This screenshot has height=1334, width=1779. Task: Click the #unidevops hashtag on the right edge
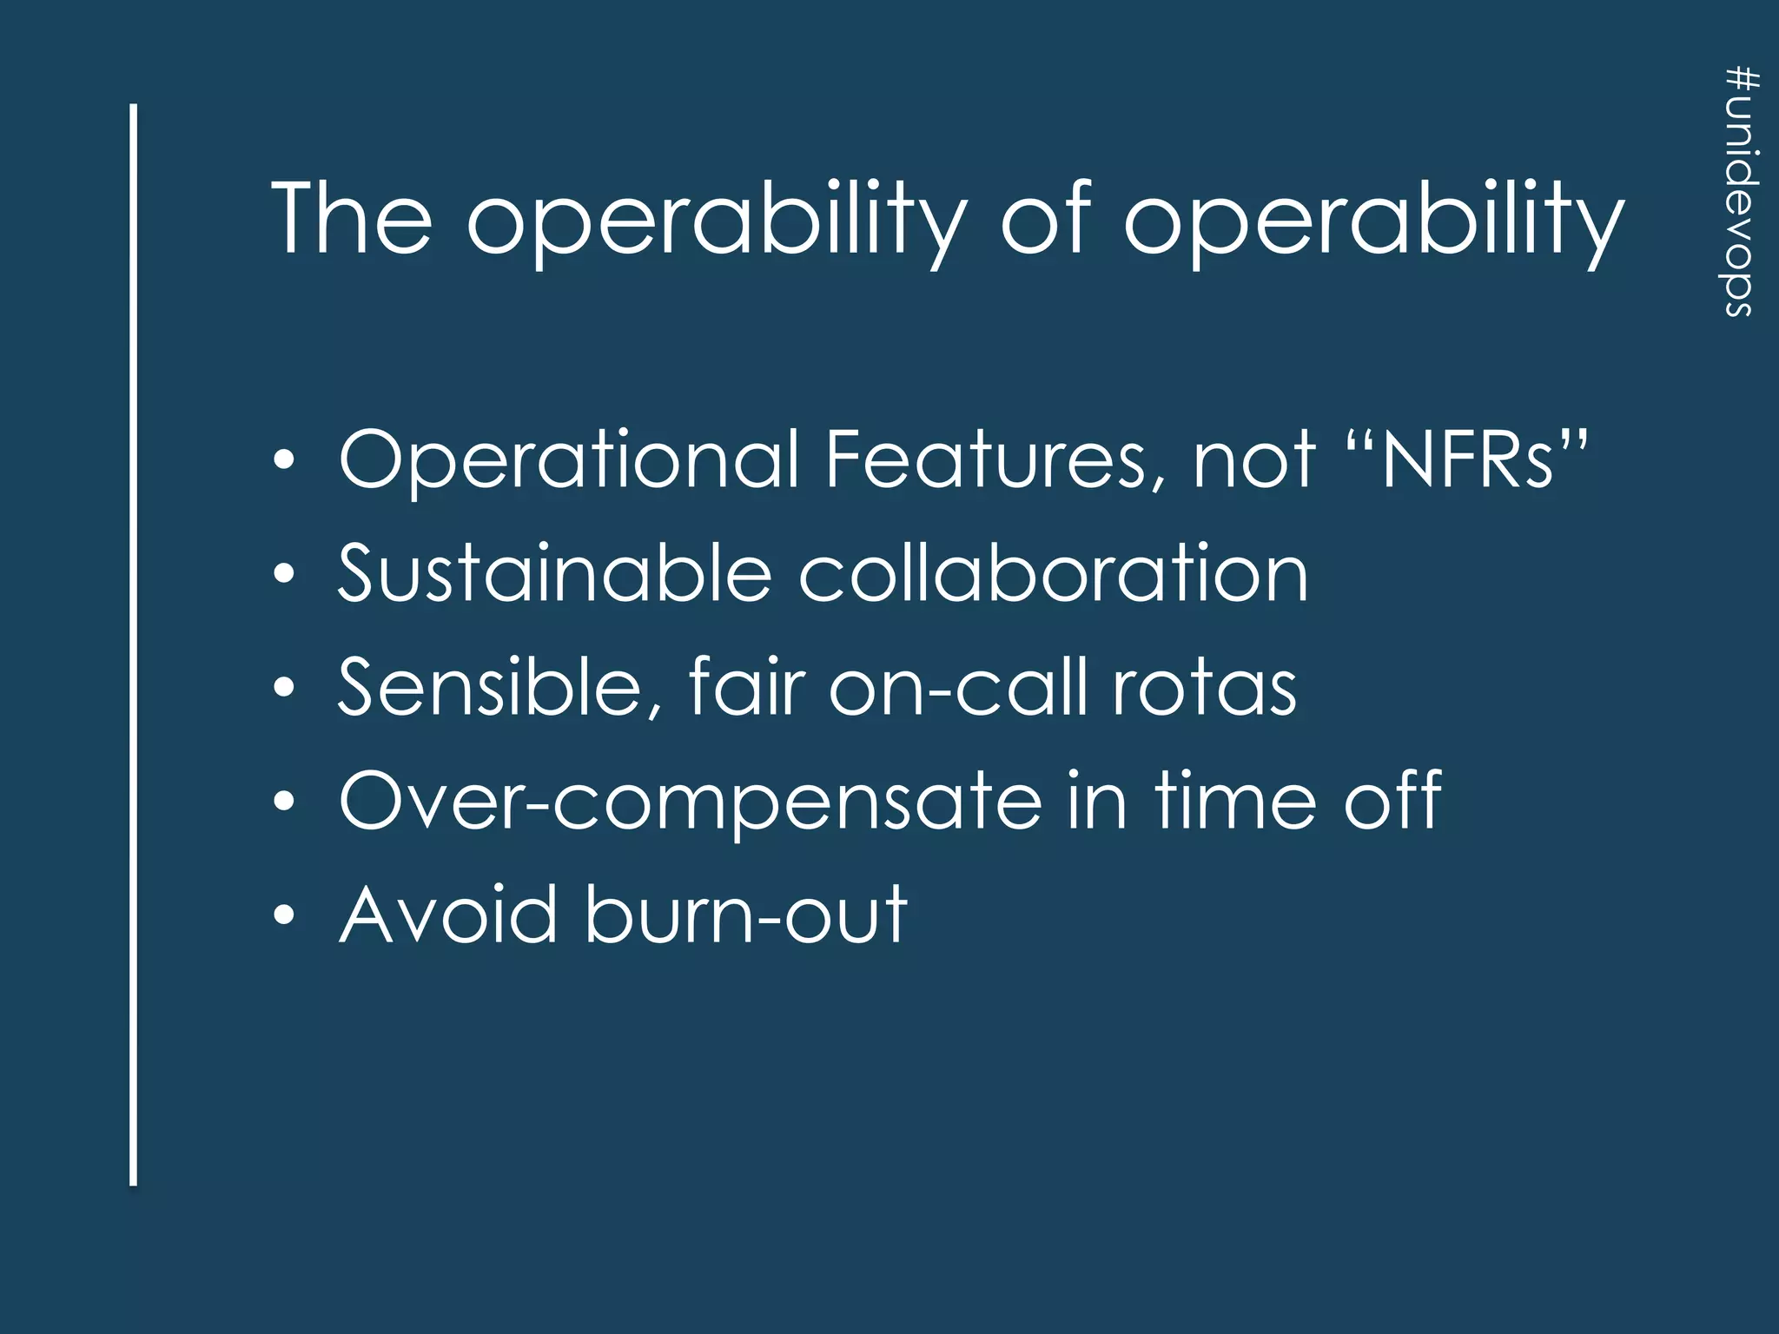tap(1743, 192)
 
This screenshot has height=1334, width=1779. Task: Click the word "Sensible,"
tap(500, 688)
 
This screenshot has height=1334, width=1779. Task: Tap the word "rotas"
tap(1205, 688)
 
